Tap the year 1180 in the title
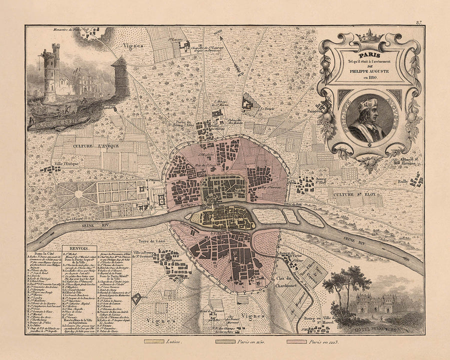[368, 78]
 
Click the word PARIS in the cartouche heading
[368, 54]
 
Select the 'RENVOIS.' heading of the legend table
[76, 247]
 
